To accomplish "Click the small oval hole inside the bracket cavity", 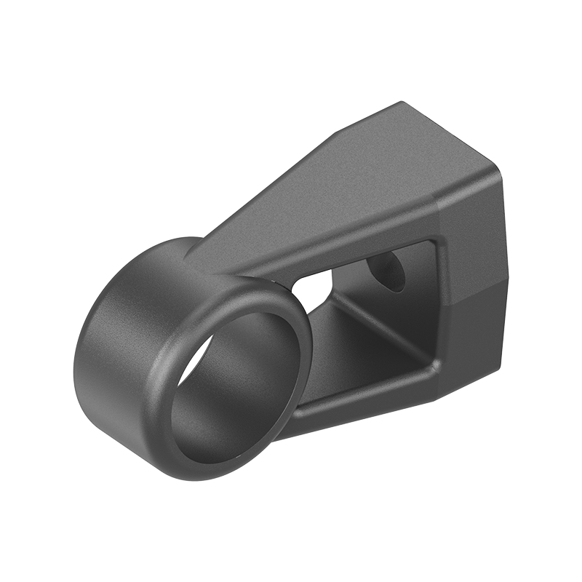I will pos(387,271).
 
